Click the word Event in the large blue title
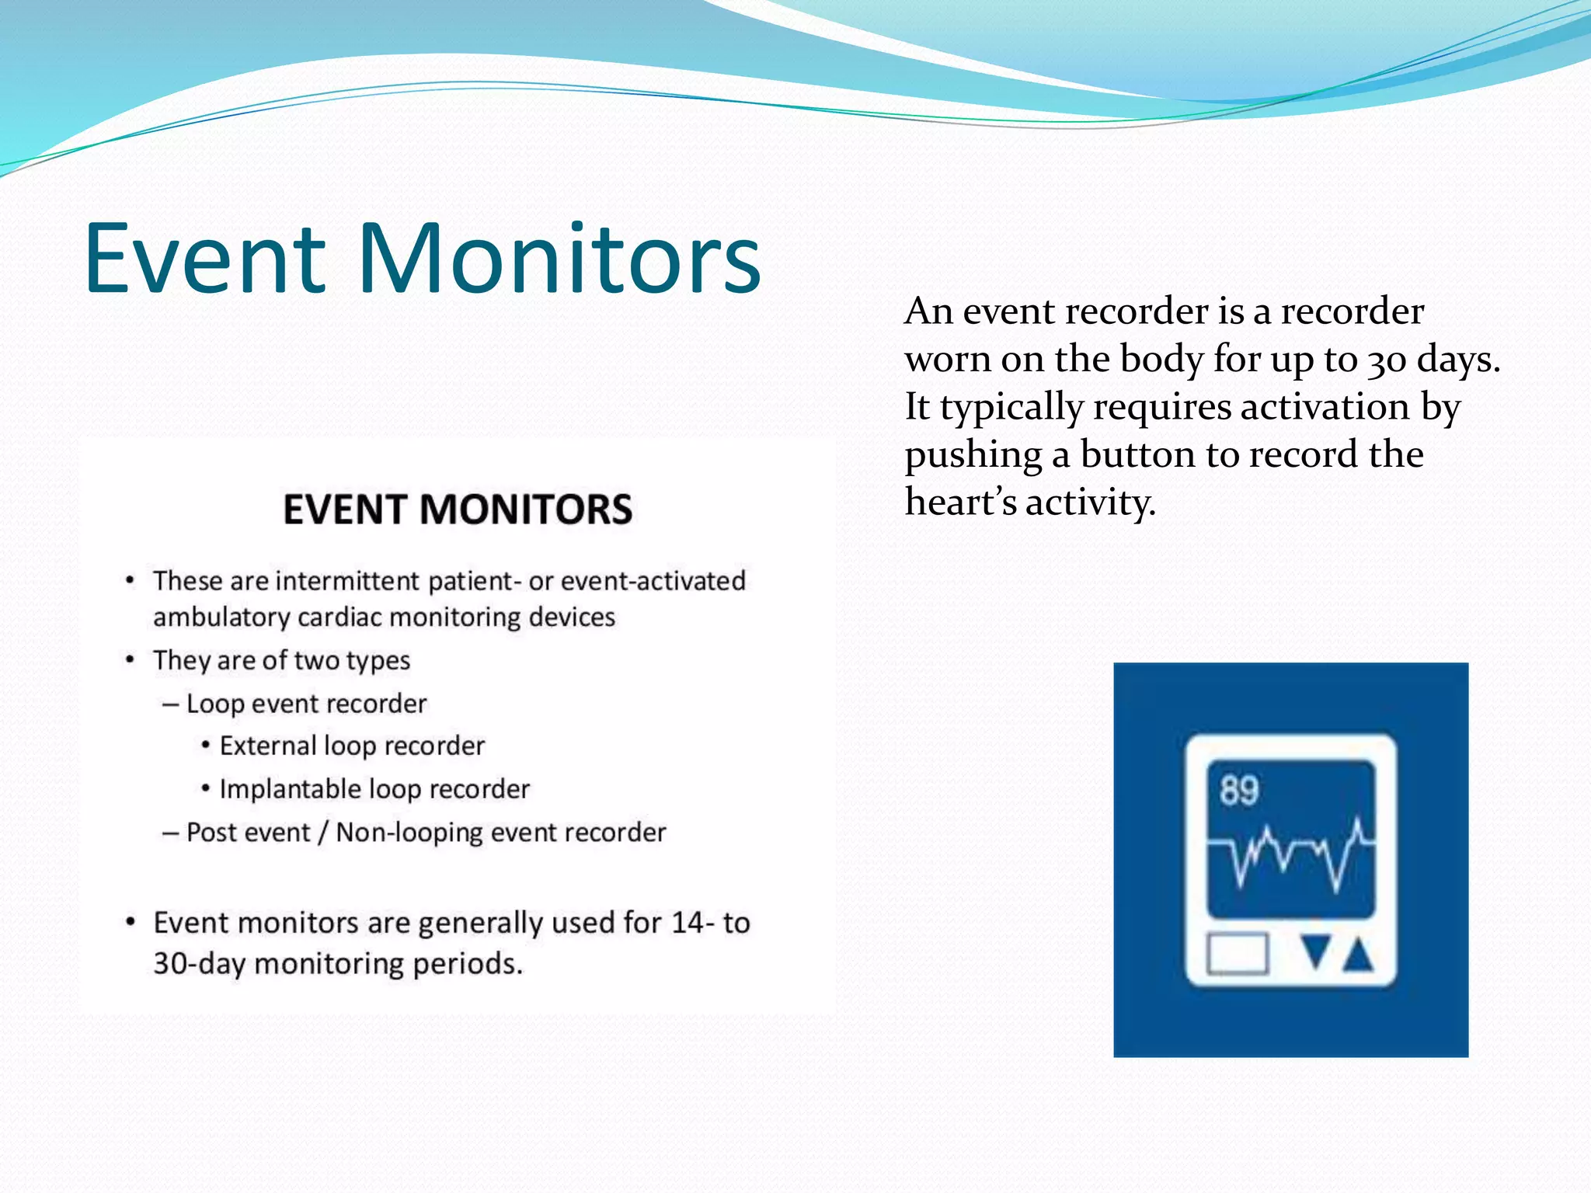[x=205, y=259]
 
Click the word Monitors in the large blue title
[x=559, y=259]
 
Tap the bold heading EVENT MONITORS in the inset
[x=458, y=510]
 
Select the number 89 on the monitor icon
[x=1238, y=791]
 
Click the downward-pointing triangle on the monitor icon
[x=1315, y=953]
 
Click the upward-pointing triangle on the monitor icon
[x=1357, y=955]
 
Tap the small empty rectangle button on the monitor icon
[x=1238, y=953]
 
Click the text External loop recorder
[x=352, y=746]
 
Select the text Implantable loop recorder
[x=374, y=789]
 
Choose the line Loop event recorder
[x=306, y=704]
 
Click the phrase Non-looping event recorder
[x=501, y=833]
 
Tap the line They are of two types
[x=281, y=660]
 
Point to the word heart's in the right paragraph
[x=960, y=503]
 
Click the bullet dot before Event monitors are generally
[x=131, y=922]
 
